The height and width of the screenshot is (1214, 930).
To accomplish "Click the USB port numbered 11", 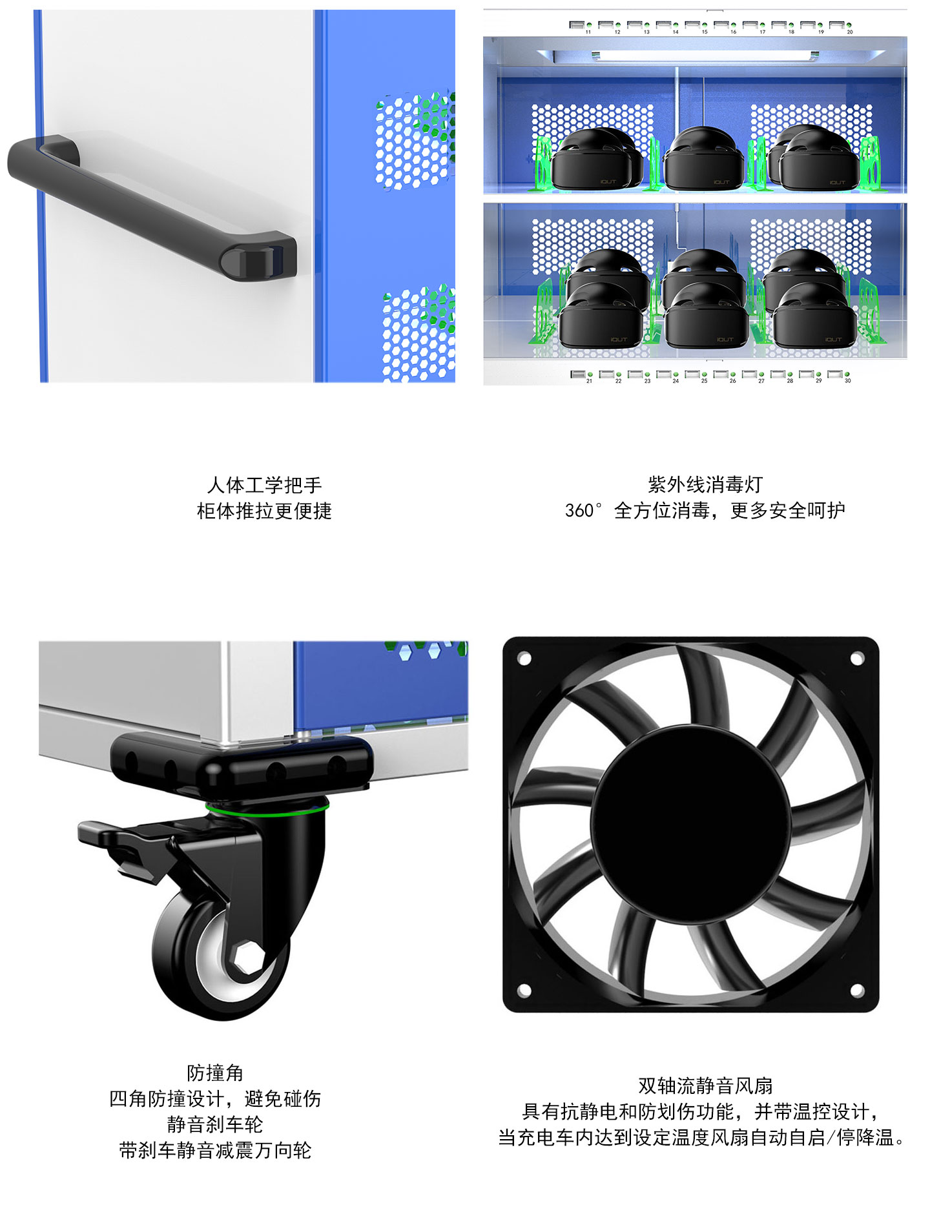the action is pyautogui.click(x=576, y=25).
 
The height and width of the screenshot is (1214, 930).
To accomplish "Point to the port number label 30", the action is pyautogui.click(x=848, y=381).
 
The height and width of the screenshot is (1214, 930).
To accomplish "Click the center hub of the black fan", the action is pyautogui.click(x=691, y=824).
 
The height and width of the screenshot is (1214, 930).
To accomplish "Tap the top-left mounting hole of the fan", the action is pyautogui.click(x=524, y=659).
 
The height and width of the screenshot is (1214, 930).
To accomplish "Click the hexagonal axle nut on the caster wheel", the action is pyautogui.click(x=246, y=958).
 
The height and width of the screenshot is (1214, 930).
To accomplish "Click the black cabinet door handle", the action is pyautogui.click(x=151, y=206).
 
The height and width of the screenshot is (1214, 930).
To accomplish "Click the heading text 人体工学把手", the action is pyautogui.click(x=264, y=485).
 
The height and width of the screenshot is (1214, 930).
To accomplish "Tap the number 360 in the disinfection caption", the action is pyautogui.click(x=579, y=511).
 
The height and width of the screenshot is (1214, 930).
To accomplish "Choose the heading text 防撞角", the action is pyautogui.click(x=215, y=1073).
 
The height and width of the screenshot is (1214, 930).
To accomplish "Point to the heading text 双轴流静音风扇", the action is pyautogui.click(x=705, y=1086).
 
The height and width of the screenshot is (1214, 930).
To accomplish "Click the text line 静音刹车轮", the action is pyautogui.click(x=215, y=1125).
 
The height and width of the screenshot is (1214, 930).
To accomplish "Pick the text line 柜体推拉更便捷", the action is pyautogui.click(x=264, y=511).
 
